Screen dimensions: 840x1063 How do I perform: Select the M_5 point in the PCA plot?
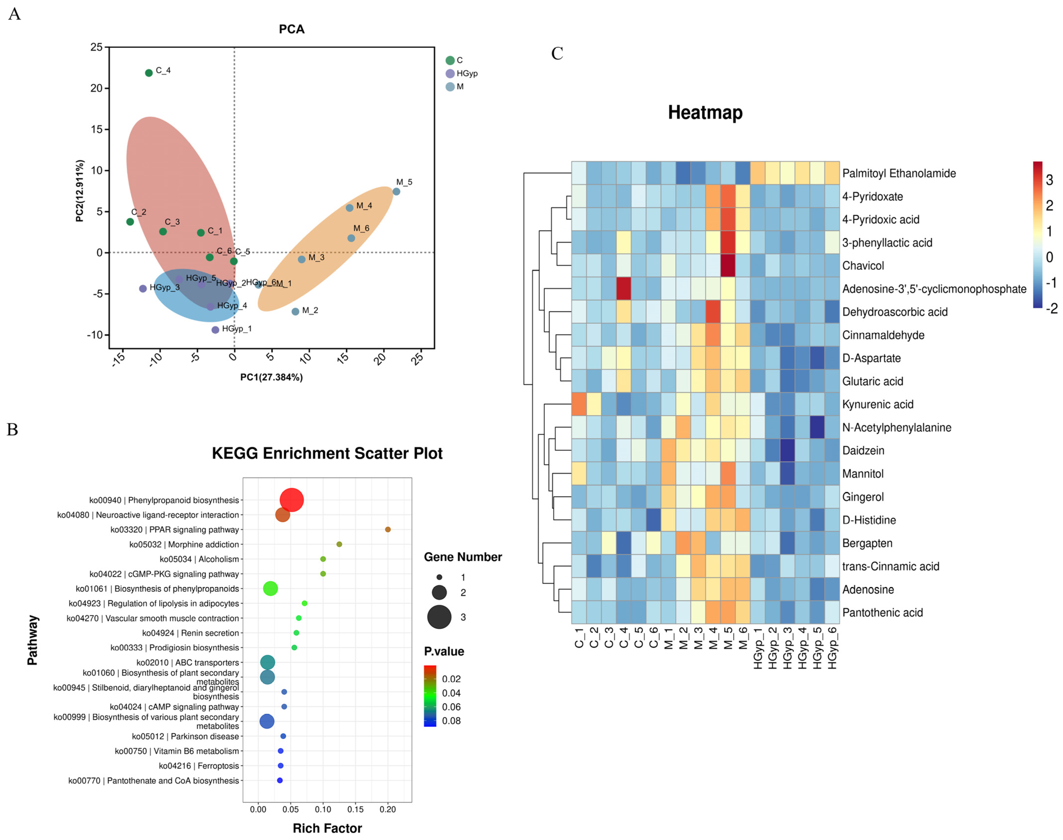(x=396, y=191)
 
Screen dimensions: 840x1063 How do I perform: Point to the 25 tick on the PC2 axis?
(x=96, y=47)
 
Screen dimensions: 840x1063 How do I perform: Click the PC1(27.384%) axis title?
(x=271, y=377)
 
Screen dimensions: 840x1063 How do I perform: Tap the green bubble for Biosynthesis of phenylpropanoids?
(x=270, y=588)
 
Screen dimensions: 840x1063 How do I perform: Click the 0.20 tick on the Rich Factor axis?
(x=388, y=809)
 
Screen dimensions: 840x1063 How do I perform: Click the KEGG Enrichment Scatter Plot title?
(x=327, y=453)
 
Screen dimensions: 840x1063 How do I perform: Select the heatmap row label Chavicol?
(x=863, y=266)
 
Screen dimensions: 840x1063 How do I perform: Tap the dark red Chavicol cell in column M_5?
(x=727, y=266)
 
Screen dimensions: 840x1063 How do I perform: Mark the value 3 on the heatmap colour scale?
(x=1049, y=180)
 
